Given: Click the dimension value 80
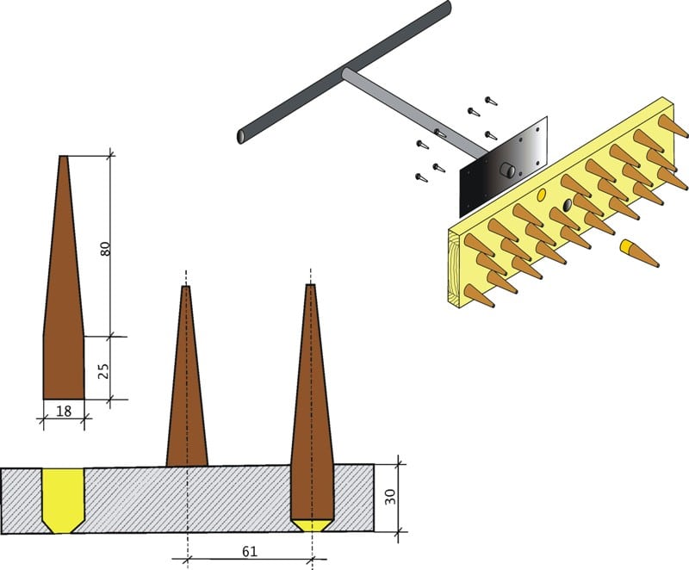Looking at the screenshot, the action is pos(105,249).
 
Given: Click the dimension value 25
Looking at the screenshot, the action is pos(103,371).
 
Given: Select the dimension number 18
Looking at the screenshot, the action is pos(64,411).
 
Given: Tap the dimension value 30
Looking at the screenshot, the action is pos(391,496).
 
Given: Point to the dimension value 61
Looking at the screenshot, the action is pos(250,552).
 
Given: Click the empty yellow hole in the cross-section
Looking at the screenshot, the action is pos(63,500).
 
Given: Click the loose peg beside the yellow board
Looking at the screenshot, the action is pos(639,254).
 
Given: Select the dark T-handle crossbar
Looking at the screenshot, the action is pos(344,71).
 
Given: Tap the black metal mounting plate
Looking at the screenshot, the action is pos(503,167).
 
